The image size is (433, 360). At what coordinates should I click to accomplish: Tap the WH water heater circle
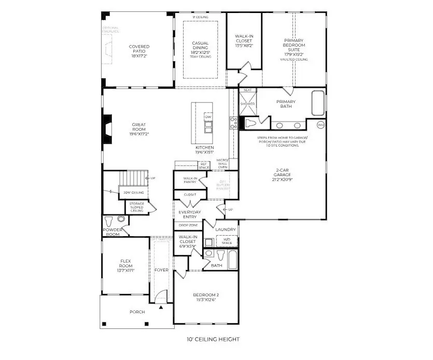coord(320,125)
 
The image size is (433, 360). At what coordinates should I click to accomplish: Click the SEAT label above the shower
coord(247,90)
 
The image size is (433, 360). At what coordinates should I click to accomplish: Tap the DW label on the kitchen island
coord(208,117)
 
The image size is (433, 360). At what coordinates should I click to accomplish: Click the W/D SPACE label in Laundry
coord(227,241)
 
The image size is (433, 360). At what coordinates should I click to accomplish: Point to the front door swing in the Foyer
coord(162,297)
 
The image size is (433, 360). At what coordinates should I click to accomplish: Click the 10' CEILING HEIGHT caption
coord(213,340)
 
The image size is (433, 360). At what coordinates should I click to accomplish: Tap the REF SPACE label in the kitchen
coord(204,166)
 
